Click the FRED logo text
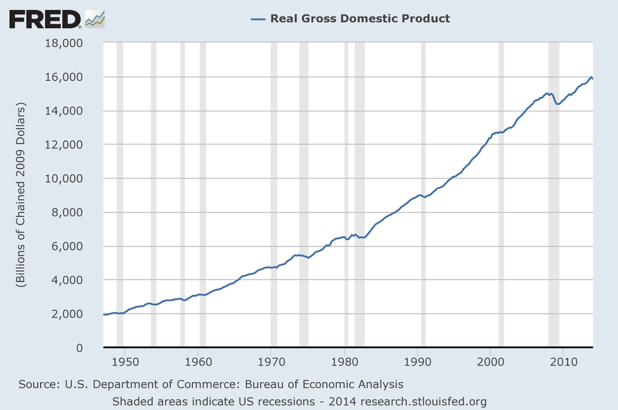pos(45,19)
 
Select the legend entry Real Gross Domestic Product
pos(360,19)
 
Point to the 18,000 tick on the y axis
pos(64,43)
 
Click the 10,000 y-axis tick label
pos(64,179)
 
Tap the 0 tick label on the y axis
pos(79,348)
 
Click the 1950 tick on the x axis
pos(125,362)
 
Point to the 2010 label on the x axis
pos(564,362)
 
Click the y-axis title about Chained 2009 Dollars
pos(20,195)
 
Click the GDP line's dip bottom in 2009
pos(557,104)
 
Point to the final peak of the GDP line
pos(591,77)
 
